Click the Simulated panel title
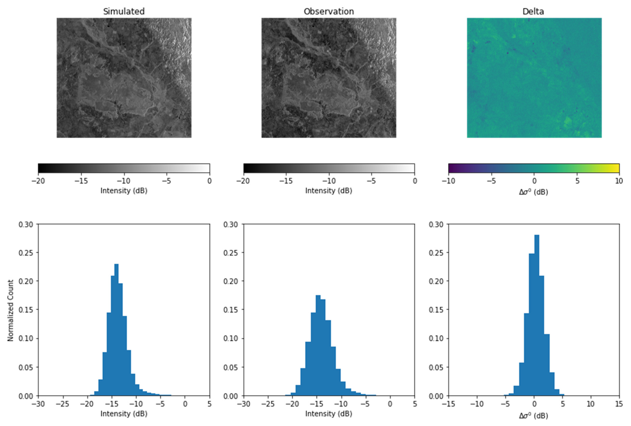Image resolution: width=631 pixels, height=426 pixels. [124, 11]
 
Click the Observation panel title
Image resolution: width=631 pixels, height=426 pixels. [329, 11]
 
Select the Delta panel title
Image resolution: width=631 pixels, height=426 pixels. [533, 11]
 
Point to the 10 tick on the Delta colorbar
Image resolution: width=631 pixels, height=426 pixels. [619, 181]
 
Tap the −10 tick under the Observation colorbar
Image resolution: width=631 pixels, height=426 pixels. [329, 181]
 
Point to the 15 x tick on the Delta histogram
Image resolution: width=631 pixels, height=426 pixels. [619, 404]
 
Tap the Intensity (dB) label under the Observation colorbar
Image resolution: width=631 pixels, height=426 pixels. [329, 191]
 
